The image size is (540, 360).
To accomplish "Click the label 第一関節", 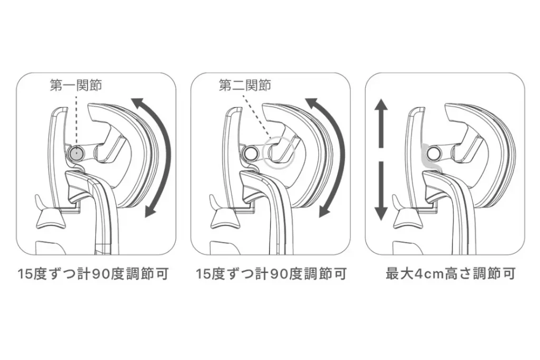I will pos(76,85).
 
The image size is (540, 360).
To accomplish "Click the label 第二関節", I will pos(245,85).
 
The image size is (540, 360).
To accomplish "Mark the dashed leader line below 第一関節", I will pos(76,119).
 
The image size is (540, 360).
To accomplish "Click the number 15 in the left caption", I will pos(25,275).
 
